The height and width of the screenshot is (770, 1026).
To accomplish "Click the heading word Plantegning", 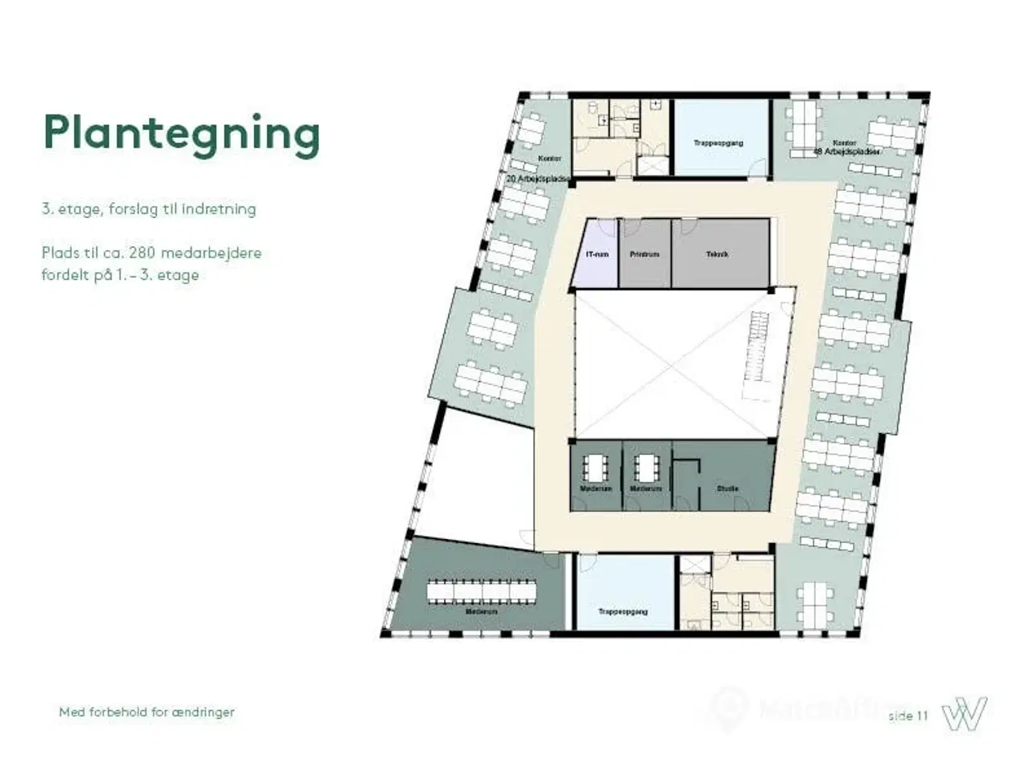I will pyautogui.click(x=181, y=133).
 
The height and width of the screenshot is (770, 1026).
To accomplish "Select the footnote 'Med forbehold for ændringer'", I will pyautogui.click(x=147, y=711).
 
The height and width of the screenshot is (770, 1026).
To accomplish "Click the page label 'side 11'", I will pyautogui.click(x=907, y=715).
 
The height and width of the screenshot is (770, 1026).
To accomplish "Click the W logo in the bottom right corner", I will pyautogui.click(x=964, y=713).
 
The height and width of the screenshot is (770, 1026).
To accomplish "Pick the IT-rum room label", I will pyautogui.click(x=597, y=254).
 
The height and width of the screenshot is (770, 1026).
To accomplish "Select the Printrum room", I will pyautogui.click(x=644, y=254).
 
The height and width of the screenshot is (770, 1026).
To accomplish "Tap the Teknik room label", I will pyautogui.click(x=717, y=254).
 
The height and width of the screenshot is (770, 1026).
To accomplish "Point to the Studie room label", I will pyautogui.click(x=728, y=488).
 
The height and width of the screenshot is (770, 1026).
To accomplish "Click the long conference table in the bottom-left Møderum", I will pyautogui.click(x=479, y=590).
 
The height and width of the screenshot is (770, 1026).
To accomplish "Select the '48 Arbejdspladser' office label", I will pyautogui.click(x=847, y=151).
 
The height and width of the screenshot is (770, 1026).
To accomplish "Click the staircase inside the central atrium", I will pyautogui.click(x=756, y=348).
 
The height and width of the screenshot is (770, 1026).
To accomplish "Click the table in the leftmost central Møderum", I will pyautogui.click(x=596, y=467).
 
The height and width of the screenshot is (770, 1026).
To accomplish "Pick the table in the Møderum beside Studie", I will pyautogui.click(x=645, y=467).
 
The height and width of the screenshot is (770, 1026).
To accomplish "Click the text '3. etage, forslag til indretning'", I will pyautogui.click(x=149, y=209).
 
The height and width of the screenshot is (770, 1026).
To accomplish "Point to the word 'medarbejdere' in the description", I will pyautogui.click(x=211, y=253).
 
